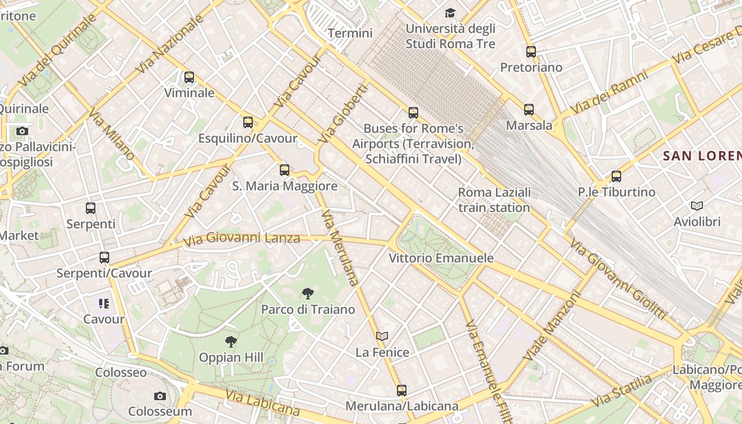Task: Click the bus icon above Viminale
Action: tap(189, 77)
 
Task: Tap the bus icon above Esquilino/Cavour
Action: tap(248, 122)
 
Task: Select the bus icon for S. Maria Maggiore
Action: tap(285, 170)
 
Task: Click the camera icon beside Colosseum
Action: tap(160, 396)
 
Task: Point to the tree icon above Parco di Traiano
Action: tap(307, 293)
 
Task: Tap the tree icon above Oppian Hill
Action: tap(231, 342)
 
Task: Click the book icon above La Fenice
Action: tap(382, 336)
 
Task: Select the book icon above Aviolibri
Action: tap(697, 206)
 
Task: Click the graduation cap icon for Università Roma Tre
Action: tap(450, 13)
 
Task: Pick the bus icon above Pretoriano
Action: tap(531, 52)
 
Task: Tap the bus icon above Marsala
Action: tap(529, 110)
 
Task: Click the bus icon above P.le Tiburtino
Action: tap(616, 176)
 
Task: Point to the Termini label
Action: tap(350, 33)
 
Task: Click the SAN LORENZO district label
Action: tap(702, 156)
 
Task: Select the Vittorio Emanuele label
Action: tap(441, 258)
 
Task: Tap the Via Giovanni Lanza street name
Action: tap(242, 239)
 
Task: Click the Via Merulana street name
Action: tap(340, 248)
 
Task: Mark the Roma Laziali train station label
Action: tap(494, 200)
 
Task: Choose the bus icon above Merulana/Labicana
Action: tap(402, 391)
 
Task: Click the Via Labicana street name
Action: tap(262, 403)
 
